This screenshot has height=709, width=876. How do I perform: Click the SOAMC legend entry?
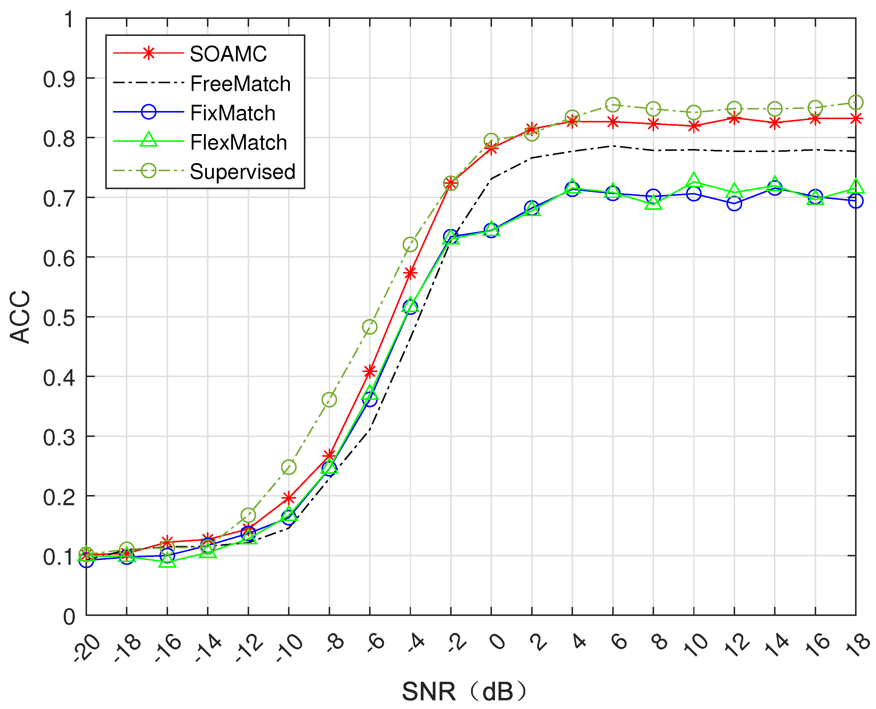[228, 54]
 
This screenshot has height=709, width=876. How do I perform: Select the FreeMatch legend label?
[240, 84]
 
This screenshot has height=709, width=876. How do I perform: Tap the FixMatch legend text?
[233, 113]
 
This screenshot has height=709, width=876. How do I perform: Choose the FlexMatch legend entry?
[238, 142]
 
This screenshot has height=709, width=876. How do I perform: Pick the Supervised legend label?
[243, 171]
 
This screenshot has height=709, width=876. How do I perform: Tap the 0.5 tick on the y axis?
[60, 318]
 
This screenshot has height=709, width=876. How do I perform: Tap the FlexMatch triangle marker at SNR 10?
[694, 180]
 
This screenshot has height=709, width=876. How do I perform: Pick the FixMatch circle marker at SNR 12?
[734, 204]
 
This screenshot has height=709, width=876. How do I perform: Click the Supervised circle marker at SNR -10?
[289, 467]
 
